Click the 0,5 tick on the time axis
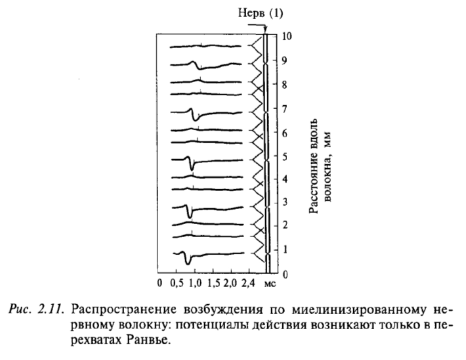pyautogui.click(x=176, y=283)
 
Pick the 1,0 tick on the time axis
pyautogui.click(x=195, y=283)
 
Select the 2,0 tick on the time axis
pyautogui.click(x=231, y=283)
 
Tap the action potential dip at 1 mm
pyautogui.click(x=188, y=262)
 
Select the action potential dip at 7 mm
pyautogui.click(x=195, y=118)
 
